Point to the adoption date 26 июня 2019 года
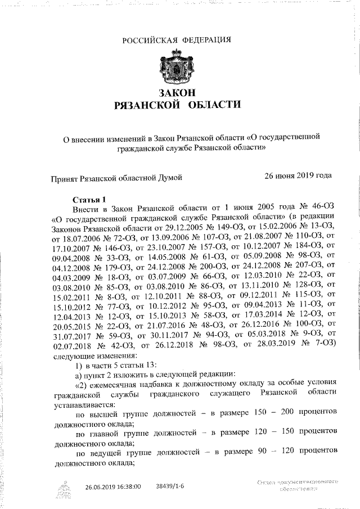[298, 175]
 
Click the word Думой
[169, 178]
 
